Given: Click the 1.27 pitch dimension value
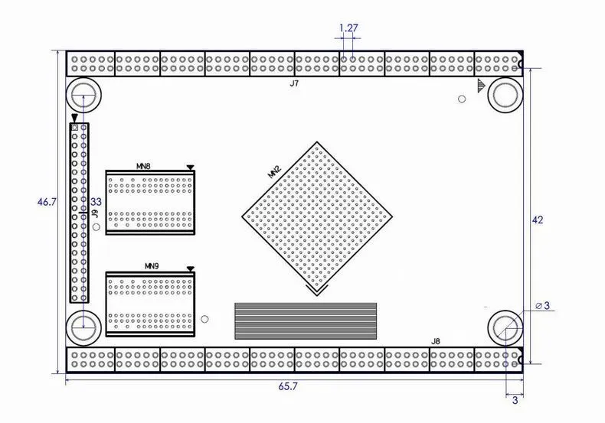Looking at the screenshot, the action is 348,28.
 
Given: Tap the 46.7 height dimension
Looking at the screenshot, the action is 47,201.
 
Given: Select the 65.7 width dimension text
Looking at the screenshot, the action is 288,386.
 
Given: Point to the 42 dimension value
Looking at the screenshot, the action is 537,220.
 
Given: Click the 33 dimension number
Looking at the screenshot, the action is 96,201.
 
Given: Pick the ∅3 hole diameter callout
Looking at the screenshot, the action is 542,305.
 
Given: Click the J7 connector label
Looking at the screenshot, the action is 294,83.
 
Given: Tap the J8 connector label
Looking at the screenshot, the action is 435,341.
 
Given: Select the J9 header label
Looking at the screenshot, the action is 95,214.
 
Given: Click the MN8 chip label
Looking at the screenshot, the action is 143,167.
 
